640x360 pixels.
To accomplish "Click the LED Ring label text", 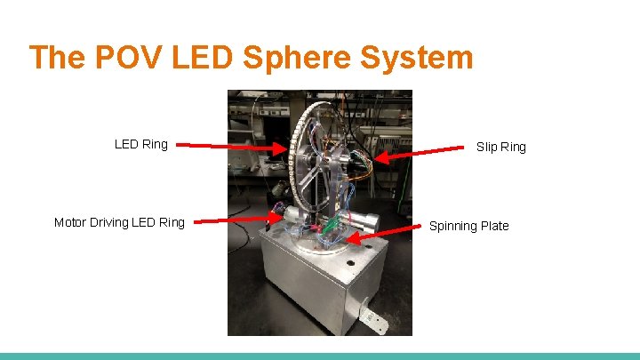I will [140, 144].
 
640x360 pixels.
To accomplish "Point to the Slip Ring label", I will [501, 147].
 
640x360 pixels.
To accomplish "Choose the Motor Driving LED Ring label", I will [119, 222].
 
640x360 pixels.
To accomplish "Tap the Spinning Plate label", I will [469, 226].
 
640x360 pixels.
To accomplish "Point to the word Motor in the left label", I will [72, 222].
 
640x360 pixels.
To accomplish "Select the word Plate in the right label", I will [493, 226].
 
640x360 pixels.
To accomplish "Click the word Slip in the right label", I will [487, 147].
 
